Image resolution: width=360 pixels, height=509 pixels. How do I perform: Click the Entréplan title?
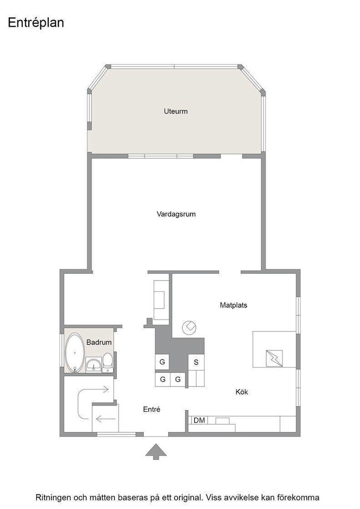click(x=36, y=23)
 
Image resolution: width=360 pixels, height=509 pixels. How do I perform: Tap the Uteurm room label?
click(x=176, y=111)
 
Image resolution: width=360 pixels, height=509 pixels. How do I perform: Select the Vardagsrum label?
click(x=176, y=214)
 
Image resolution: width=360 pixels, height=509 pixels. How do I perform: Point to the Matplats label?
click(x=233, y=305)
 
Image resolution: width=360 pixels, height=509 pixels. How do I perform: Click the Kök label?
click(x=242, y=392)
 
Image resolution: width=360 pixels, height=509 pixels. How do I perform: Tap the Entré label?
click(x=152, y=409)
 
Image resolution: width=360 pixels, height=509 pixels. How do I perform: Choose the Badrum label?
click(x=99, y=342)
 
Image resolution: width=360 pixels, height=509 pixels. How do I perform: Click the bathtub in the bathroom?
click(x=75, y=353)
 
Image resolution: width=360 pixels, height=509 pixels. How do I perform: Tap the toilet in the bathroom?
click(x=108, y=363)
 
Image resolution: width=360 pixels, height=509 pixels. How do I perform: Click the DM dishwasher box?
click(x=199, y=420)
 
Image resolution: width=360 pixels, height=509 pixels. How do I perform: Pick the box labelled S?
click(x=196, y=362)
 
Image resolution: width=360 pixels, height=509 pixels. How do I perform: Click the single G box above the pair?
click(x=162, y=362)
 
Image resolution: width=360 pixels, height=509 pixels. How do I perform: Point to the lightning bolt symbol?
click(x=274, y=358)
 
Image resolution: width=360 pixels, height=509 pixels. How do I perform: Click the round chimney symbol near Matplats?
click(x=189, y=328)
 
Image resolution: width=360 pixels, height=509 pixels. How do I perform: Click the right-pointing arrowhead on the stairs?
click(x=106, y=389)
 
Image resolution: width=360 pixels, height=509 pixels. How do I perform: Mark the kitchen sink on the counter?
click(x=222, y=421)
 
